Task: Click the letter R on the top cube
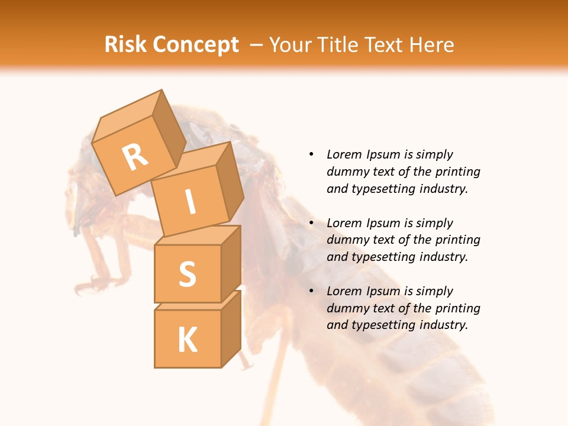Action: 135,157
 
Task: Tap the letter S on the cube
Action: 187,274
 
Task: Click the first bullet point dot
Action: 311,154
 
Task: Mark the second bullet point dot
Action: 311,223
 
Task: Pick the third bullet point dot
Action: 311,291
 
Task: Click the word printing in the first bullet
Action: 457,172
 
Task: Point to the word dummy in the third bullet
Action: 346,308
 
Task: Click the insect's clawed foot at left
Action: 89,284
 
